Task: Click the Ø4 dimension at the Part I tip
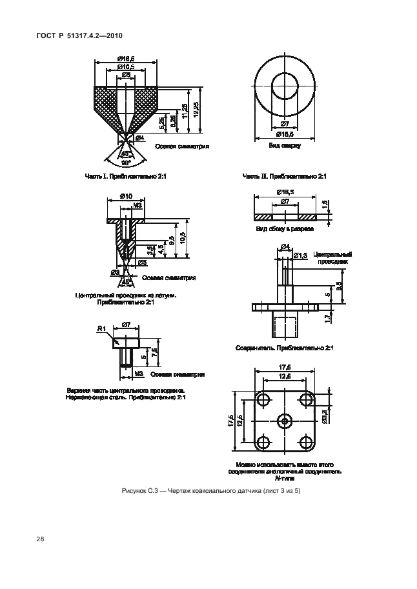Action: pyautogui.click(x=139, y=137)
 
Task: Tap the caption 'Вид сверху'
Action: pyautogui.click(x=284, y=146)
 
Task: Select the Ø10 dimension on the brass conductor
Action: pyautogui.click(x=126, y=196)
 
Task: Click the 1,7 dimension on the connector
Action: pyautogui.click(x=327, y=317)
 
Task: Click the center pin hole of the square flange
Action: pyautogui.click(x=285, y=421)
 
